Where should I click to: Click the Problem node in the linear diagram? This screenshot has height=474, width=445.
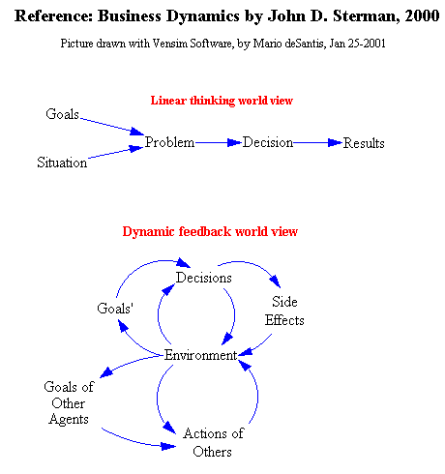[x=169, y=142]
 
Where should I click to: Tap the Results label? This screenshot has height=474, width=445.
[x=364, y=143]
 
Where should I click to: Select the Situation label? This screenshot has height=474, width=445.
[x=62, y=163]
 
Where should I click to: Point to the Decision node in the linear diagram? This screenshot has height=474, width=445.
[x=268, y=142]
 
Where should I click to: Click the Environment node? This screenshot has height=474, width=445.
[x=201, y=355]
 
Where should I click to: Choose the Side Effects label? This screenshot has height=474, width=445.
[x=284, y=311]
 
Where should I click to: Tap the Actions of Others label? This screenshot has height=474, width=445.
[x=213, y=442]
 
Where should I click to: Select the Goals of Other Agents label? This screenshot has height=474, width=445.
[x=69, y=403]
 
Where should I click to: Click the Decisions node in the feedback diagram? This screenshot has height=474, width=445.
[x=204, y=278]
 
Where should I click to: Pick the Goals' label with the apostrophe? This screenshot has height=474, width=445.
[x=115, y=309]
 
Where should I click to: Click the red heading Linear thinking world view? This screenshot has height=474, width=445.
[x=222, y=101]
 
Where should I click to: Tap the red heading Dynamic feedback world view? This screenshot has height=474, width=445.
[x=210, y=231]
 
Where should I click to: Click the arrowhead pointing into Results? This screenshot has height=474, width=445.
[x=335, y=142]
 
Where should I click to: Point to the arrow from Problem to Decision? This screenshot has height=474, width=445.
[x=219, y=142]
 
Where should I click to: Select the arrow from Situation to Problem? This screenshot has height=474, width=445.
[x=115, y=153]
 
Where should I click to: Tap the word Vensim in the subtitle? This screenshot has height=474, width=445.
[x=169, y=44]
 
